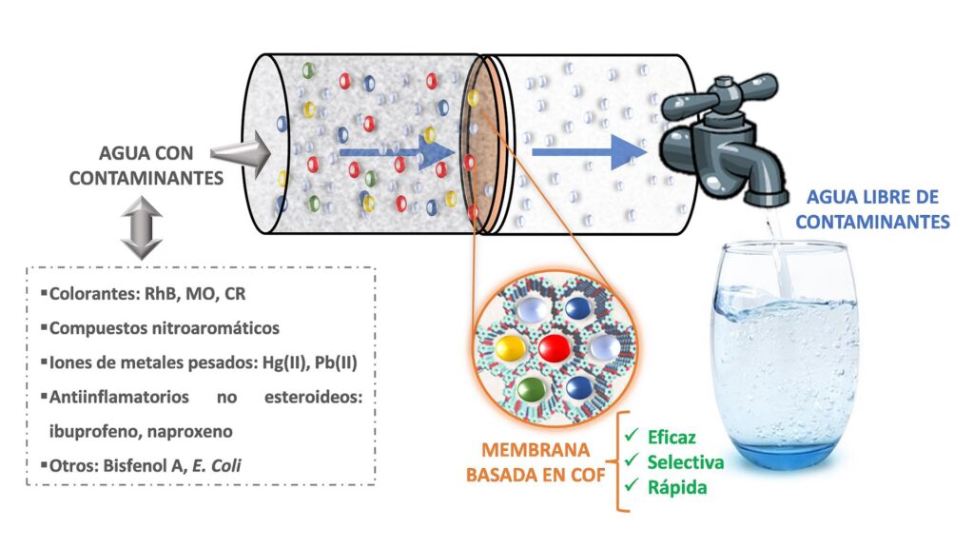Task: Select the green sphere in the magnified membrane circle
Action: point(532,389)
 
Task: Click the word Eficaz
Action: point(672,439)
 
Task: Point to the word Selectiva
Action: point(685,462)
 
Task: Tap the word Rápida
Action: point(677,487)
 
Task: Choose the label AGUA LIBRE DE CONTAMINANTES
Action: point(872,210)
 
